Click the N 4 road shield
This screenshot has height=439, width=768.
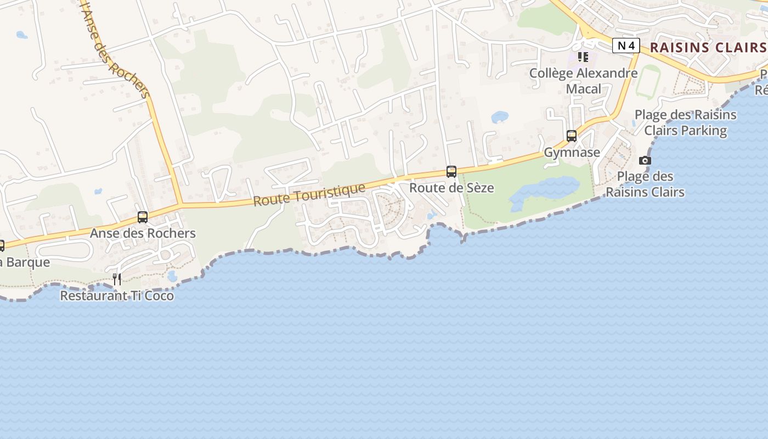[626, 46]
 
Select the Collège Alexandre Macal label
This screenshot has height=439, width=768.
[583, 81]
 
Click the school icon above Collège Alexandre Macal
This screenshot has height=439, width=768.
[583, 57]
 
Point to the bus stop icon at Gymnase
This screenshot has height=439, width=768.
[572, 136]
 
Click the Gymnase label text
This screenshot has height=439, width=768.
[572, 152]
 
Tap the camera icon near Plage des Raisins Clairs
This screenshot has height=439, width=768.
[645, 160]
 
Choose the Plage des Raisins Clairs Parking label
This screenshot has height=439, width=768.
[685, 122]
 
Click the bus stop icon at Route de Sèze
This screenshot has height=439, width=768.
[451, 172]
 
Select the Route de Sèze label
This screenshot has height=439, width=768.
[451, 188]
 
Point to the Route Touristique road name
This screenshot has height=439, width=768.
[309, 195]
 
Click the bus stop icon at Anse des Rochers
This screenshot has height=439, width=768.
[143, 217]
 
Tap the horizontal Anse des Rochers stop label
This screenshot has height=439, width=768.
[143, 233]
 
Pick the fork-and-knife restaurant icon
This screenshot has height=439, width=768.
[117, 279]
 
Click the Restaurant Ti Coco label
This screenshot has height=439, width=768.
[117, 296]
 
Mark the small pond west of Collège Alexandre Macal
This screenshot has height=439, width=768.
[499, 117]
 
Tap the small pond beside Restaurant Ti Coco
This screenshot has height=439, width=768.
[173, 276]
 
